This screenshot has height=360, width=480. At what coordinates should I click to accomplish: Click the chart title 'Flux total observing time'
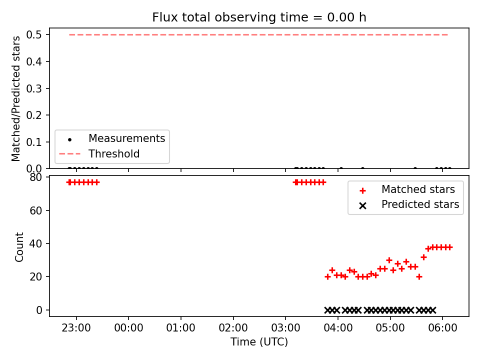click(237, 17)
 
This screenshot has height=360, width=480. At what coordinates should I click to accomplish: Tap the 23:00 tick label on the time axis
click(76, 328)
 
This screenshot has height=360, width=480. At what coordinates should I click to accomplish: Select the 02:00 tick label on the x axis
click(233, 328)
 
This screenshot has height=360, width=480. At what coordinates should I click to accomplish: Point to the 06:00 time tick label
click(442, 328)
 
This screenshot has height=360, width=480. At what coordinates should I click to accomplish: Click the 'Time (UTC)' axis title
click(259, 342)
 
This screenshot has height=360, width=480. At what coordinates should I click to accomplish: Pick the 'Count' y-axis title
click(19, 246)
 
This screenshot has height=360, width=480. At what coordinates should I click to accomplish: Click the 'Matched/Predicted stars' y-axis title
click(16, 98)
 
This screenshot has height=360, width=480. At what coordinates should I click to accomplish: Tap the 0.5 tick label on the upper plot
click(34, 34)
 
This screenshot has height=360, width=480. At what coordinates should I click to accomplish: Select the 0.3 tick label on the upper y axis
click(34, 88)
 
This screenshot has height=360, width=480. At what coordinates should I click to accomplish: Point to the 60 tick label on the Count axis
click(36, 210)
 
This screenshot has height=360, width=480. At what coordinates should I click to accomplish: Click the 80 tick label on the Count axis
click(36, 177)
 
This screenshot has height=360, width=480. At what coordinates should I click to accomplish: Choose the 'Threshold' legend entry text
click(114, 153)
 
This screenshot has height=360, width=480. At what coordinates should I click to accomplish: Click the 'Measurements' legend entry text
click(126, 138)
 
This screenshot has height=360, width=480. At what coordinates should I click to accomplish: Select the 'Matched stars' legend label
click(418, 189)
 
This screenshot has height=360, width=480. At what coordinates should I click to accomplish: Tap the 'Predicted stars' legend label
click(420, 204)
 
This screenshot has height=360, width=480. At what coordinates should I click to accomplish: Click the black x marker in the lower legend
click(363, 205)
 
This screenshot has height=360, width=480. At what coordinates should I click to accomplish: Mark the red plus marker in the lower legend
click(363, 190)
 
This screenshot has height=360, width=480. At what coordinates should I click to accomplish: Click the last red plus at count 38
click(449, 247)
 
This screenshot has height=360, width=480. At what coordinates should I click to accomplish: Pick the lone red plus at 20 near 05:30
click(419, 276)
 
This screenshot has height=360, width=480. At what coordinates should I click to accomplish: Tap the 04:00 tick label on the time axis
click(338, 328)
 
